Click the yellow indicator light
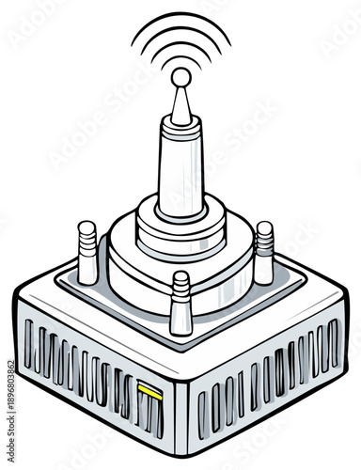point(148,386)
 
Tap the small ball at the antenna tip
point(180,78)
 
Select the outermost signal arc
point(180,21)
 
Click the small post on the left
point(87,252)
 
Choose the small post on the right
point(264,252)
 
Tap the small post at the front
point(180,303)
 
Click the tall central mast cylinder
point(180,169)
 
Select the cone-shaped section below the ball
point(180,109)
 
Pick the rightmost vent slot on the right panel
point(334,343)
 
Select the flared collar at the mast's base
point(180,211)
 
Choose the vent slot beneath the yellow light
point(148,410)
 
